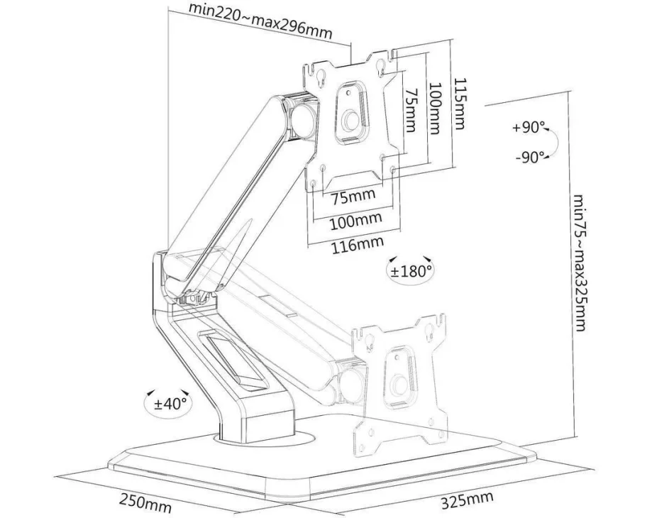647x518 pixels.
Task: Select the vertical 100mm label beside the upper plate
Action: pos(434,109)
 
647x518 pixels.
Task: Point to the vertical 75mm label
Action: pos(409,109)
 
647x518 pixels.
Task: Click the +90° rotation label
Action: pos(530,128)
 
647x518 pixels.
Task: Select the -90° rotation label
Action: pos(530,157)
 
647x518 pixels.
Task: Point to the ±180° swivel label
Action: pos(410,270)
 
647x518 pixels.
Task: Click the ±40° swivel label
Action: pos(170,404)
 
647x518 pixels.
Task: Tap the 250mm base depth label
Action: pos(145,504)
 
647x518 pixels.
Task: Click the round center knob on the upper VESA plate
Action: pos(350,122)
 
